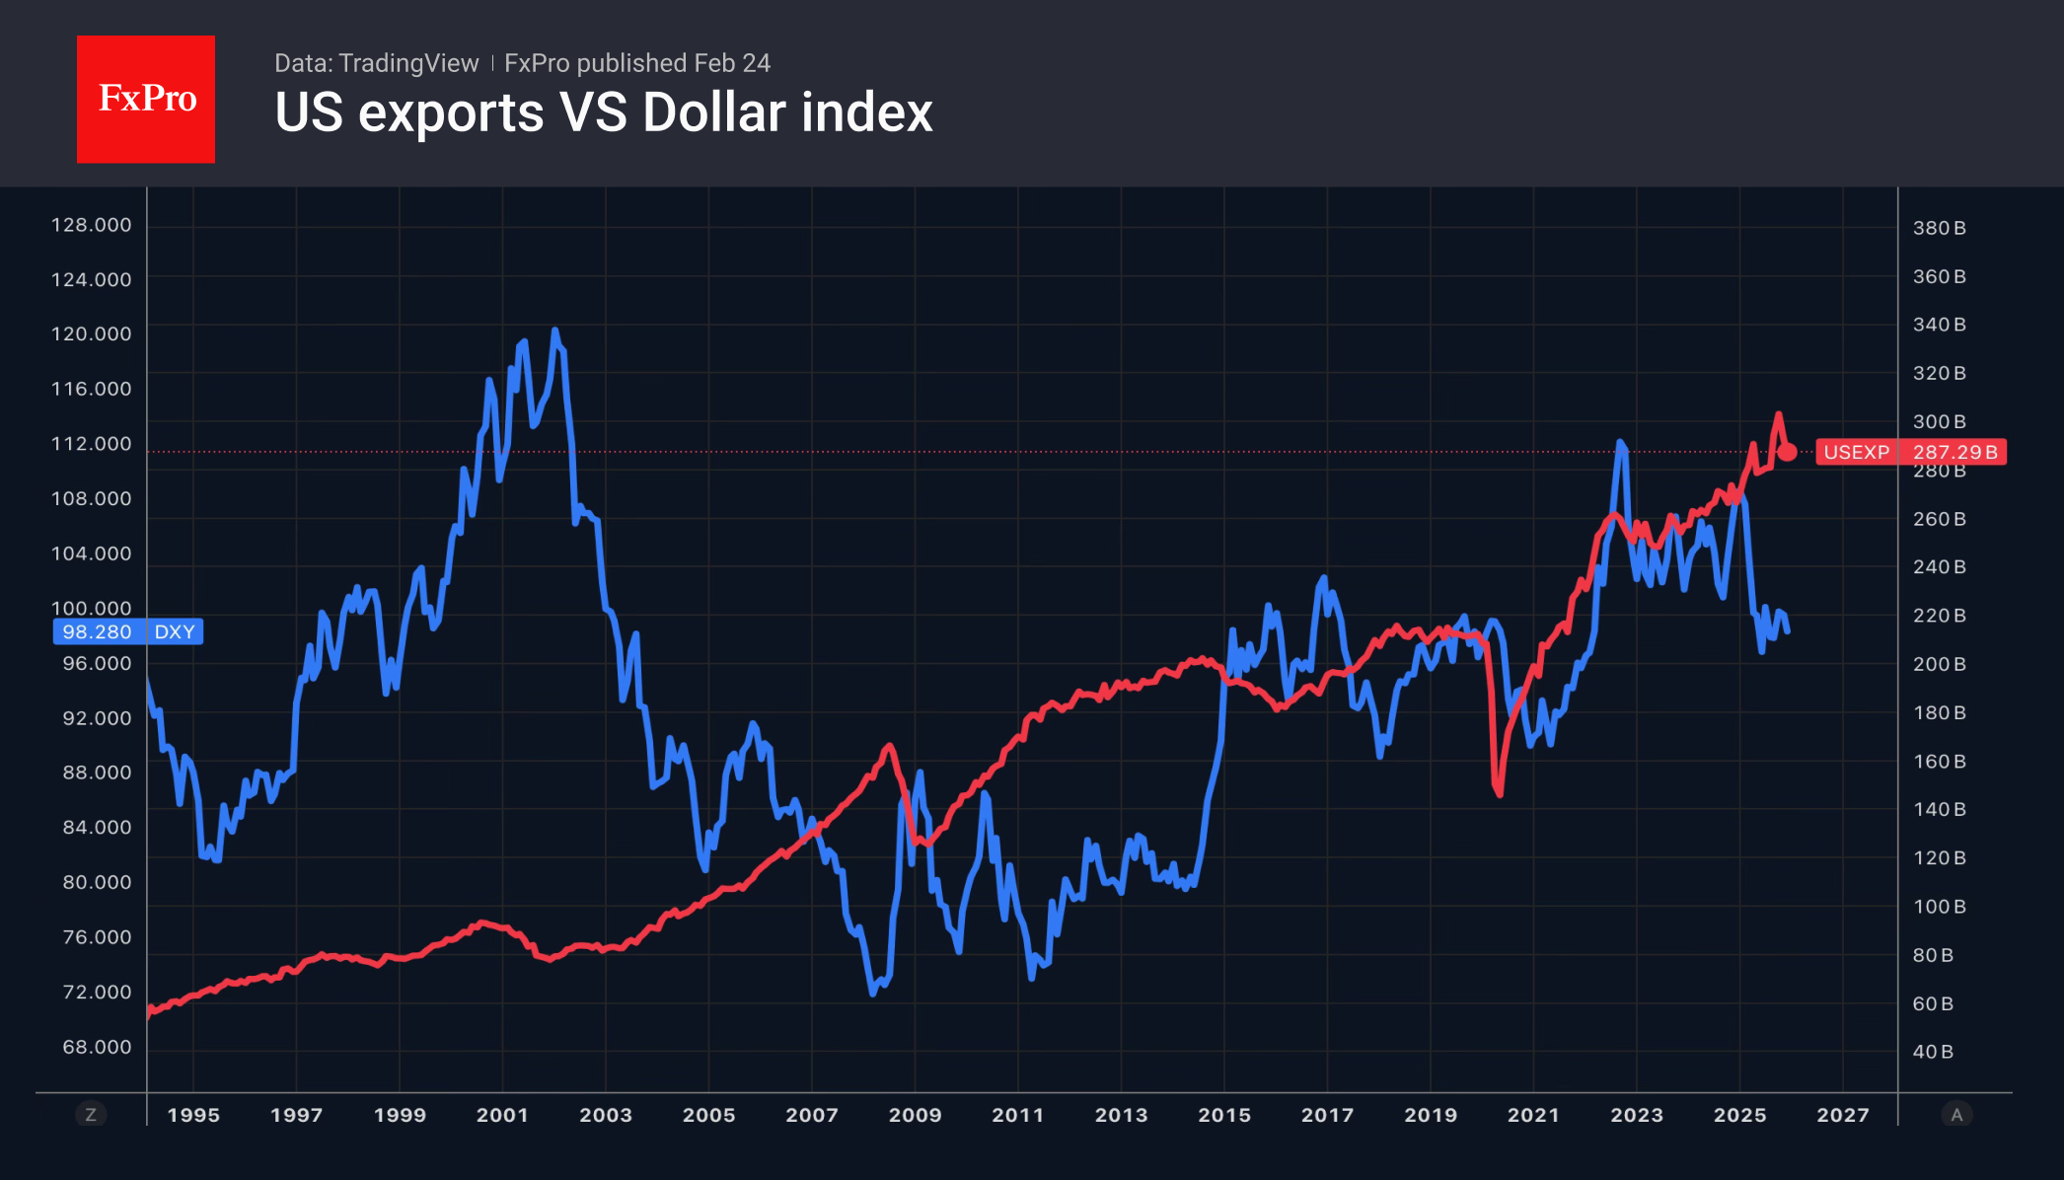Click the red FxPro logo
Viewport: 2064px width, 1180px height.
[x=146, y=99]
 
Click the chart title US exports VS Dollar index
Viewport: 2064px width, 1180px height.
[x=603, y=112]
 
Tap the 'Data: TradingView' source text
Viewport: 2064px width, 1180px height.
[x=376, y=63]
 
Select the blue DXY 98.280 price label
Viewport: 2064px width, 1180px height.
[x=127, y=631]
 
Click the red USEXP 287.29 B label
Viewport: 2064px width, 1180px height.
[x=1910, y=452]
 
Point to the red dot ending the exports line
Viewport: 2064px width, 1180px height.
[x=1787, y=452]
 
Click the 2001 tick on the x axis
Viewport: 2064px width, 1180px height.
[x=502, y=1115]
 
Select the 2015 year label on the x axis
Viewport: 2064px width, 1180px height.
[x=1223, y=1115]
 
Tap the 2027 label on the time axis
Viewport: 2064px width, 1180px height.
[x=1842, y=1115]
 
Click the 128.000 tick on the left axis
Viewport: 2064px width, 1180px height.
[x=91, y=225]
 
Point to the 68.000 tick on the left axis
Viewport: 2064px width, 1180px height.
[x=97, y=1047]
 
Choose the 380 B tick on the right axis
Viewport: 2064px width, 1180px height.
[x=1939, y=228]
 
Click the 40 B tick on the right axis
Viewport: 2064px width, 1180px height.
[x=1933, y=1052]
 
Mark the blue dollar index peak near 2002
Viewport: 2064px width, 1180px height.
[x=554, y=331]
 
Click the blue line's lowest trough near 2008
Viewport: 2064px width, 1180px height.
[x=873, y=993]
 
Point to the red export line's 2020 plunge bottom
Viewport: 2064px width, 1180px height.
[x=1500, y=794]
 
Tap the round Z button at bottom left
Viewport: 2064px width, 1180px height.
[x=91, y=1115]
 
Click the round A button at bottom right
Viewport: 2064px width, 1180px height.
[x=1956, y=1115]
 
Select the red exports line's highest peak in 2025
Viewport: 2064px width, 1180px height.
[x=1778, y=414]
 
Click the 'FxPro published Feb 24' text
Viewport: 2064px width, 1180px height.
[x=637, y=63]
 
